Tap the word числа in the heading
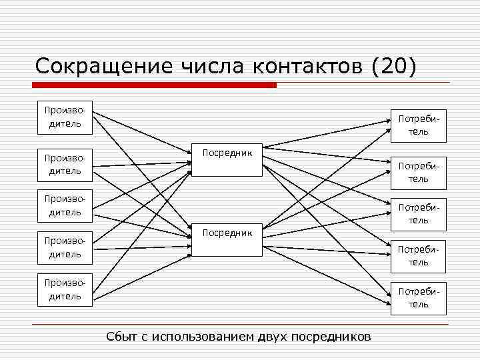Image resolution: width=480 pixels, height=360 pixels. point(211,66)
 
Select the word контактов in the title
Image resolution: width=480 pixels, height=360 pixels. point(309,66)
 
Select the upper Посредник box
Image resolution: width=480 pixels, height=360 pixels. point(227,161)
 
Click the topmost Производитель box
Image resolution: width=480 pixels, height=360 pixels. point(64,117)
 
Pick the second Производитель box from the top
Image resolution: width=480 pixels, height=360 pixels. point(64,165)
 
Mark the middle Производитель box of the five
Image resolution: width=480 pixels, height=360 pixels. point(64,205)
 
